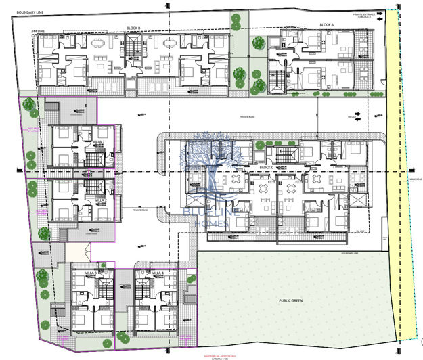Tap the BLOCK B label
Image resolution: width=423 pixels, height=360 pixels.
click(x=133, y=28)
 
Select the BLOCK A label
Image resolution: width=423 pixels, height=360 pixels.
click(x=326, y=25)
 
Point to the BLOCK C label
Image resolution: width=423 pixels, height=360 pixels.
click(x=267, y=167)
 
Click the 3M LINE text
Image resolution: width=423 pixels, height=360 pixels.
click(x=39, y=32)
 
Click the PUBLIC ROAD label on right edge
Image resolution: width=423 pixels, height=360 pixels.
click(x=416, y=180)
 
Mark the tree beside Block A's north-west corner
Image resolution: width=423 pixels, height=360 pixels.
click(x=259, y=43)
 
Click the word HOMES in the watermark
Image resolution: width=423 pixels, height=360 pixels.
click(x=209, y=223)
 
